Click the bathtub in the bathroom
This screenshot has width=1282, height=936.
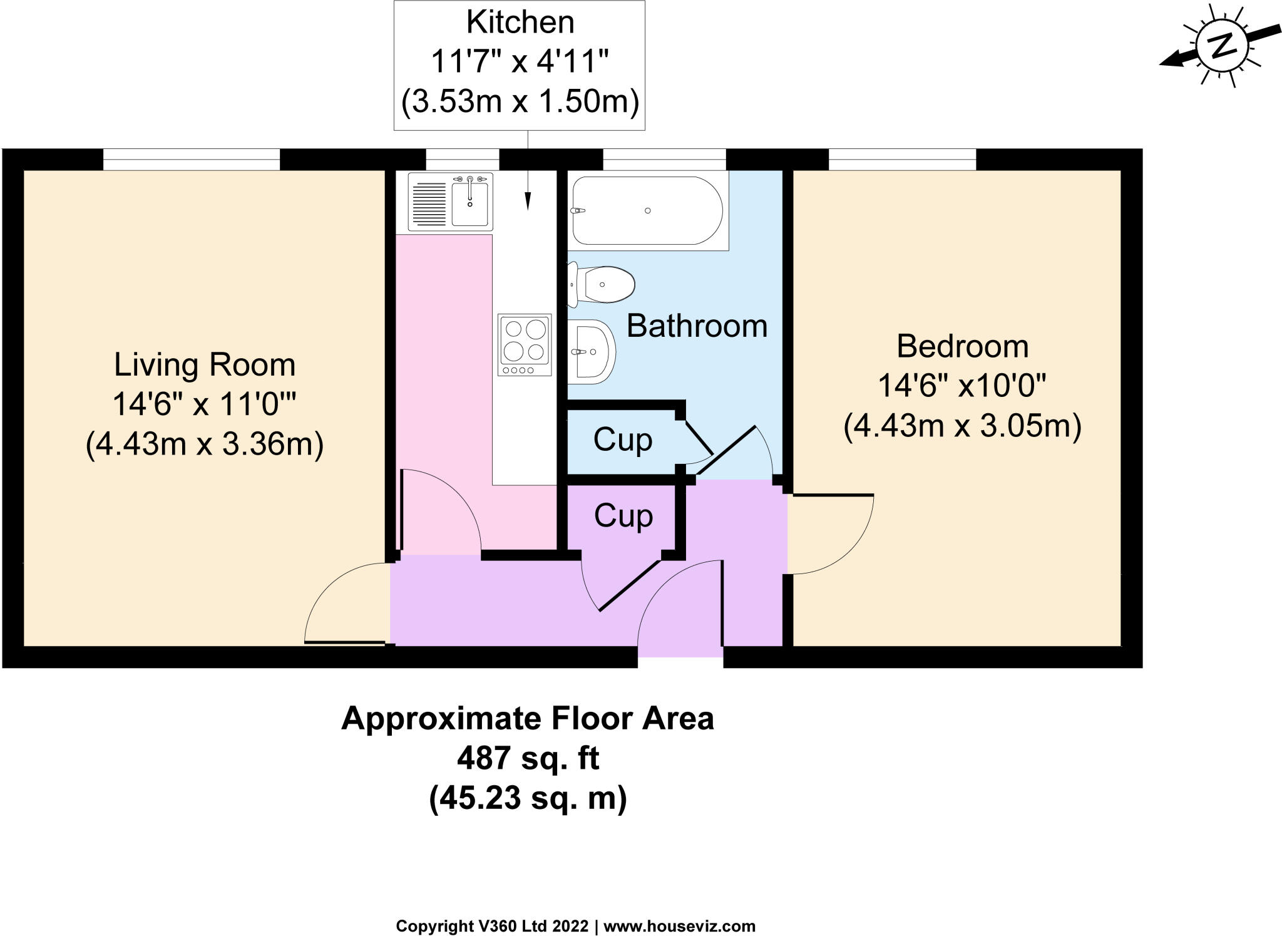tap(647, 210)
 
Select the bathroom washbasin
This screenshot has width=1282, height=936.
tap(592, 352)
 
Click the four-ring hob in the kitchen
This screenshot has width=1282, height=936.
tap(525, 344)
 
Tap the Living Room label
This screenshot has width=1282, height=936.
tap(205, 365)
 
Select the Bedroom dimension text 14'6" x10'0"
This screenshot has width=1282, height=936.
tap(962, 386)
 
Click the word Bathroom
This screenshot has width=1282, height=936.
tap(697, 326)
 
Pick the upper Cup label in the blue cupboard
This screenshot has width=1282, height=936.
tap(623, 440)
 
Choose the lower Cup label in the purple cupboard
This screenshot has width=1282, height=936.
tap(623, 516)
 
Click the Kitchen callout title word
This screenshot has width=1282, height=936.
tap(520, 23)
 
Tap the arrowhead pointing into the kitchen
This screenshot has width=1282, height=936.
tap(528, 202)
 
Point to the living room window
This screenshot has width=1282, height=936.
tap(191, 160)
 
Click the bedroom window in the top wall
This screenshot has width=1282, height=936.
tap(902, 160)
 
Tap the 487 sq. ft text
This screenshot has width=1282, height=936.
tap(528, 759)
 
